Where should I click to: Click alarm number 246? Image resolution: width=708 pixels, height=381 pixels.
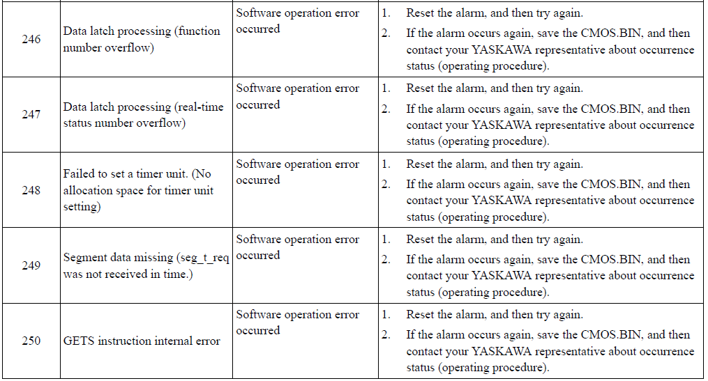31,40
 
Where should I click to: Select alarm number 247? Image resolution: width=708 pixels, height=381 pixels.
31,115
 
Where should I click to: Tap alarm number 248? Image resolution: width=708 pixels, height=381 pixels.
31,190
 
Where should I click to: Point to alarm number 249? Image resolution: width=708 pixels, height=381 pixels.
31,265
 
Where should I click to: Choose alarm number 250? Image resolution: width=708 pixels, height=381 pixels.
31,341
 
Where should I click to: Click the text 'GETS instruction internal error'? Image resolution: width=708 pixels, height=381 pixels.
142,341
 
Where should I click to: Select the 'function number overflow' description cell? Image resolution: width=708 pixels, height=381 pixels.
142,40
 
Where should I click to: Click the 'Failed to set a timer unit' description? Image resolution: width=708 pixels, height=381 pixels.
138,190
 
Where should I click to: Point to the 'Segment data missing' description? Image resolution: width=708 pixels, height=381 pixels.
145,265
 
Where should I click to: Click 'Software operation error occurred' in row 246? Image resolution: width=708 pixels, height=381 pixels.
297,21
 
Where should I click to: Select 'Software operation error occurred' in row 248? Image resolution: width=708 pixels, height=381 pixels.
297,172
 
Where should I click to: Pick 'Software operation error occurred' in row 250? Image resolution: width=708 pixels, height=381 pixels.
297,322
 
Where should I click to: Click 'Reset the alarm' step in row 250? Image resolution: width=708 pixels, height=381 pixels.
494,315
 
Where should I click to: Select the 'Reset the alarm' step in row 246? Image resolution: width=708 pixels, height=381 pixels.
494,13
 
